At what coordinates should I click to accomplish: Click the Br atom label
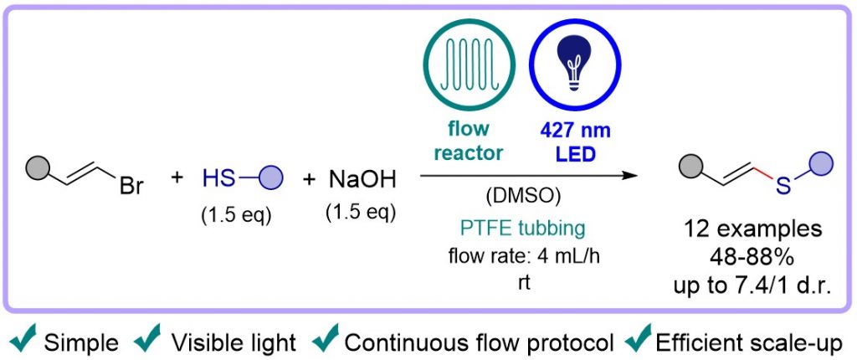tap(132, 184)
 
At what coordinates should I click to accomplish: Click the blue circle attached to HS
tap(272, 177)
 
